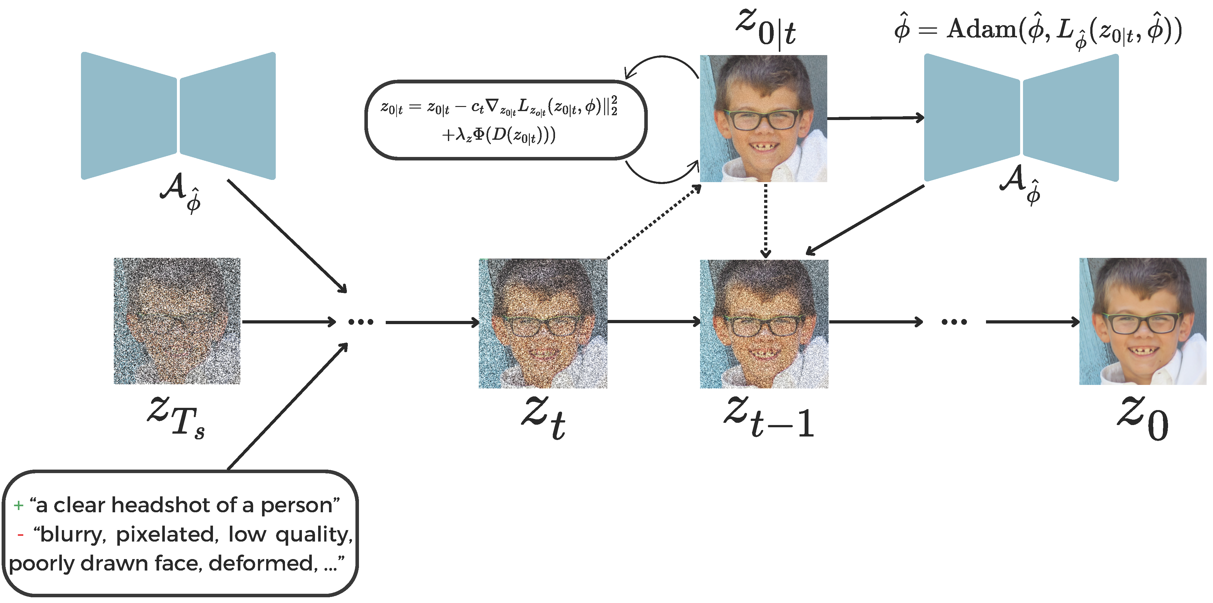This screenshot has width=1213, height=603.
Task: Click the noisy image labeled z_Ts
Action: [177, 321]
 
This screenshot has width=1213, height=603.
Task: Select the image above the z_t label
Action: [543, 323]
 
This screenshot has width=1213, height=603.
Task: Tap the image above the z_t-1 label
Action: [764, 323]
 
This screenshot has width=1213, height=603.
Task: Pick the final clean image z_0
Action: [1143, 321]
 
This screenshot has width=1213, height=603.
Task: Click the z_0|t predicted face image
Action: [763, 118]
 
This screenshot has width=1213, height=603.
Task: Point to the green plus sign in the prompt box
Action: [18, 506]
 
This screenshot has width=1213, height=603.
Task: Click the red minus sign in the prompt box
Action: [20, 535]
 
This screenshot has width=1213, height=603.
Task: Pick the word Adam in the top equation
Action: [982, 29]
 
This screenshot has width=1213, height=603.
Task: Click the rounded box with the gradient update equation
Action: [506, 120]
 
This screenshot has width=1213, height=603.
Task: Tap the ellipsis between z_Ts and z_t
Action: [361, 322]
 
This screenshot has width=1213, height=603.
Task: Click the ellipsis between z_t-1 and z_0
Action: [954, 322]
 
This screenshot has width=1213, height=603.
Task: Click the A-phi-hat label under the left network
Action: [181, 192]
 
